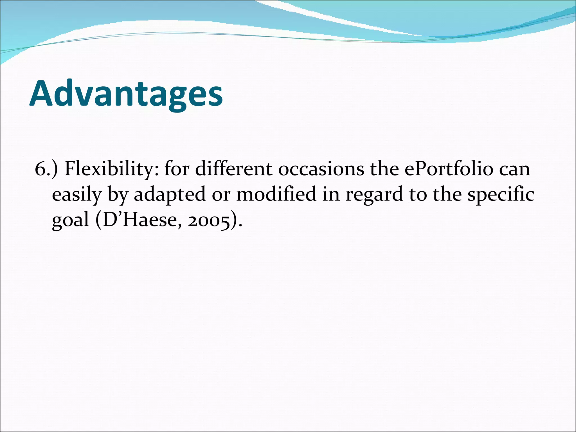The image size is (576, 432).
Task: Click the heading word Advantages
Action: click(126, 94)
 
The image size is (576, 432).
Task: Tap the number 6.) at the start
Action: click(46, 169)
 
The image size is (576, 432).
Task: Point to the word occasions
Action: click(321, 169)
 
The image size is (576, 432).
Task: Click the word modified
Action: click(276, 194)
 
